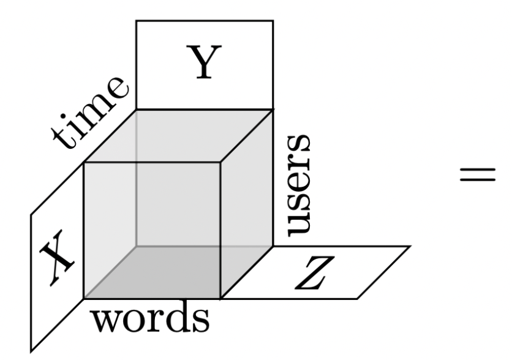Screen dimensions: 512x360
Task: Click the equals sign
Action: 476,174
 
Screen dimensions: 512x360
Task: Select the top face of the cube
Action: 178,136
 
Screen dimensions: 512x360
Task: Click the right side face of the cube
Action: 246,202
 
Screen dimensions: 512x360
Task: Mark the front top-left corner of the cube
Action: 83,163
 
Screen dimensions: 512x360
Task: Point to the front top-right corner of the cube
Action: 220,163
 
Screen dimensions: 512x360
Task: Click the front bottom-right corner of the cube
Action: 220,299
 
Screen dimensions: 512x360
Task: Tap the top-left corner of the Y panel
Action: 136,21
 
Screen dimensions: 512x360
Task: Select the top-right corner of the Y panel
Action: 273,21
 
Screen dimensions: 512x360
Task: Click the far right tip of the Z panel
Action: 410,246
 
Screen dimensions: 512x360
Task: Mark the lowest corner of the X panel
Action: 32,350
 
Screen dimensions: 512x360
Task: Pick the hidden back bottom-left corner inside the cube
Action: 136,246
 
